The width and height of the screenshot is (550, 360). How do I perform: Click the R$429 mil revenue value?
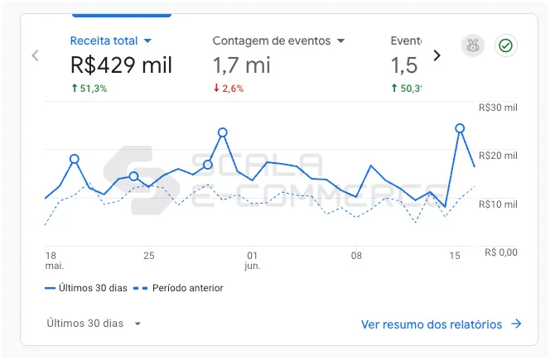pos(121,65)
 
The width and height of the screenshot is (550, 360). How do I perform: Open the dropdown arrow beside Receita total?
pos(147,41)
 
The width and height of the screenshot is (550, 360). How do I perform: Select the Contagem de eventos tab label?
pos(271,41)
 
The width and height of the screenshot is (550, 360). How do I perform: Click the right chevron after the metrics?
pos(437,55)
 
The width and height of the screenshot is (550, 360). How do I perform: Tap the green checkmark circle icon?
pos(505,46)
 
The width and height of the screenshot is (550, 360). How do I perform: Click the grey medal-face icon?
pos(472,46)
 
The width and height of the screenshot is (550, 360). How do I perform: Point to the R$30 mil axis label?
pos(498,108)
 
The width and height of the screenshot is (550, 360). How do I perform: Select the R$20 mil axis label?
pos(498,156)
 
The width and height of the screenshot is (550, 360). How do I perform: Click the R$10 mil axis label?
pos(498,204)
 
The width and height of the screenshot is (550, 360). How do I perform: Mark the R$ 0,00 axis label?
pos(500,252)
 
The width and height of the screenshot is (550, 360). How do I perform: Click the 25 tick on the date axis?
pos(149,256)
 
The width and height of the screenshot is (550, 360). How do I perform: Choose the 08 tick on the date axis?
pos(356,256)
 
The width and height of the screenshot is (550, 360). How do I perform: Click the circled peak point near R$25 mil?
pos(460,128)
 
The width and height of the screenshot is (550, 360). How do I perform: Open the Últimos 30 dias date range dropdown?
pos(94,324)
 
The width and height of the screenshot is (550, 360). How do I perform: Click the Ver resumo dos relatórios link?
pos(441,324)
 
